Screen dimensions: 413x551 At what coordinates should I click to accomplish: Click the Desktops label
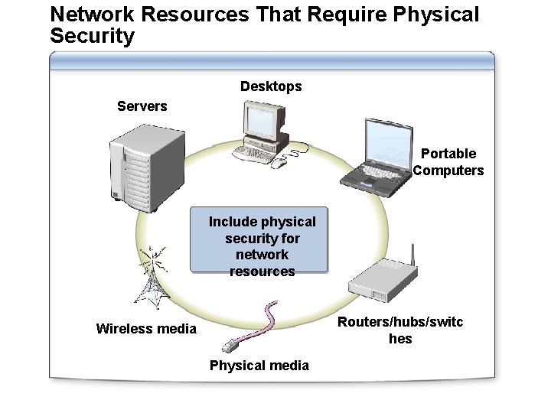(271, 86)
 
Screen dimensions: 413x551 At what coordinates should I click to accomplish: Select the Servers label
(142, 106)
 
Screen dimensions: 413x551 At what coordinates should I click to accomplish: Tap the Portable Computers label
(448, 162)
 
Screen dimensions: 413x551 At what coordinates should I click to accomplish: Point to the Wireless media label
(146, 329)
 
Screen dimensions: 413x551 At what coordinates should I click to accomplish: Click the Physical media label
(259, 366)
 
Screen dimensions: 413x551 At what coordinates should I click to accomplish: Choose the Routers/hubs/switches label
(400, 330)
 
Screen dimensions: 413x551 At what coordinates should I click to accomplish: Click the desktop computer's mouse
(281, 162)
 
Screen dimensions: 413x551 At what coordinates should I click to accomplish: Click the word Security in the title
(92, 35)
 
